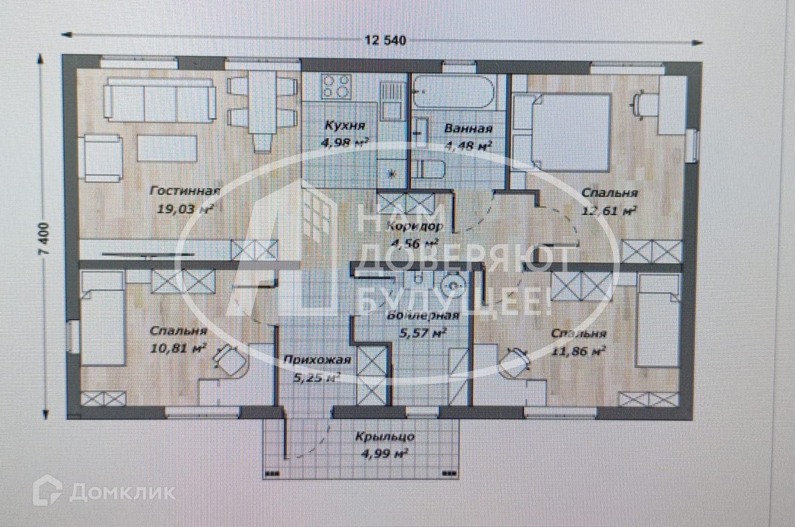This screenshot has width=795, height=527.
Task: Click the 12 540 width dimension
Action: (385, 40)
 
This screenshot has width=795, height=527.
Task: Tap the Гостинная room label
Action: (185, 191)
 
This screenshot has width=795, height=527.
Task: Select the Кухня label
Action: (344, 126)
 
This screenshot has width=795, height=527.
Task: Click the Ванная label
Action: (468, 128)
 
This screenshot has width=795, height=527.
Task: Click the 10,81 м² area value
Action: (178, 349)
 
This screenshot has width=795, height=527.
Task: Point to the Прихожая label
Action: (317, 360)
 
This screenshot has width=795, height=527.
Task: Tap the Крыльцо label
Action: (385, 437)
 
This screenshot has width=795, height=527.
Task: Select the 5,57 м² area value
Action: (422, 333)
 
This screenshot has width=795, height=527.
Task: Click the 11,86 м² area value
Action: (579, 351)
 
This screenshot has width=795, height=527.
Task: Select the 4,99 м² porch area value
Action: (385, 454)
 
